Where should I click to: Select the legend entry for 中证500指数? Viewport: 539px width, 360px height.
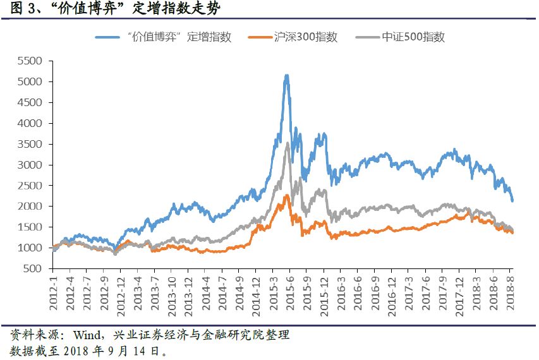point(408,37)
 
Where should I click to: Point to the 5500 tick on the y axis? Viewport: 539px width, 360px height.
point(30,61)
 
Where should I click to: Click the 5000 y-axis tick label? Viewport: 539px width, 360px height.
point(30,82)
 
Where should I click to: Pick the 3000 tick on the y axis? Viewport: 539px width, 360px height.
point(30,165)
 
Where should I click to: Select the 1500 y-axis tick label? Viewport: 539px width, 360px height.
point(30,227)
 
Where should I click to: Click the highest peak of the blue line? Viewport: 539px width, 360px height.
point(287,75)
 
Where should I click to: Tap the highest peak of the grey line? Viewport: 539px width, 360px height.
point(288,143)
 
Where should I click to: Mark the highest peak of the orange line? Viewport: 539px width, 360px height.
point(288,195)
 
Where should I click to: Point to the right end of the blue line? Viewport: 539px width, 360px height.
point(512,201)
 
